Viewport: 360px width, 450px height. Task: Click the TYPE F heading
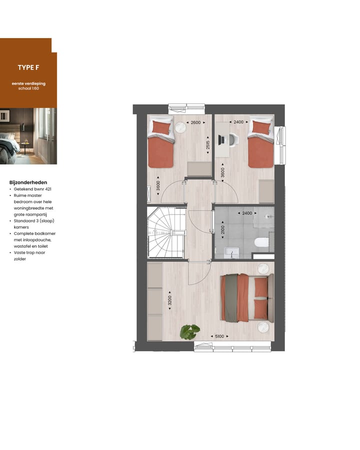(x=28, y=67)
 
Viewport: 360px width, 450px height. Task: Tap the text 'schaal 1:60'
(x=28, y=88)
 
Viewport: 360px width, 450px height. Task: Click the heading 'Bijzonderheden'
(x=28, y=182)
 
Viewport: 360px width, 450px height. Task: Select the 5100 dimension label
(x=219, y=336)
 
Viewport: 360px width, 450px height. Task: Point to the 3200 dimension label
(x=169, y=300)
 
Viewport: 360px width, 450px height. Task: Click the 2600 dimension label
(x=195, y=122)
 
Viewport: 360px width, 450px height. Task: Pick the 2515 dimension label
(x=208, y=145)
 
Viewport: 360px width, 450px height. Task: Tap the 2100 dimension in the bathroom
(x=223, y=229)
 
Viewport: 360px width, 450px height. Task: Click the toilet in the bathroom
(x=261, y=242)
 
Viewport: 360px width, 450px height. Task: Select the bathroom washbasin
(x=231, y=252)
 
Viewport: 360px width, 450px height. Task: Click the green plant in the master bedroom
(x=189, y=332)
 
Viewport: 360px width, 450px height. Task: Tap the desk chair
(x=233, y=140)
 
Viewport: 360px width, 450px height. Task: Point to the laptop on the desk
(x=221, y=140)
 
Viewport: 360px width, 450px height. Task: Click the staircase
(x=166, y=232)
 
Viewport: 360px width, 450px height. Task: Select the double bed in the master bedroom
(x=247, y=297)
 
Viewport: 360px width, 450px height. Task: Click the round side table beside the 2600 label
(x=181, y=127)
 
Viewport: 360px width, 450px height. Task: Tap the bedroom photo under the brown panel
(x=28, y=136)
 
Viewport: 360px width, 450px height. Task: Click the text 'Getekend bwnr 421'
(x=32, y=189)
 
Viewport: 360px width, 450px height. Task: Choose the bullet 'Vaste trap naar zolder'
(x=29, y=255)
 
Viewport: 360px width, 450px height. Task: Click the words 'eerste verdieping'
(x=28, y=83)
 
